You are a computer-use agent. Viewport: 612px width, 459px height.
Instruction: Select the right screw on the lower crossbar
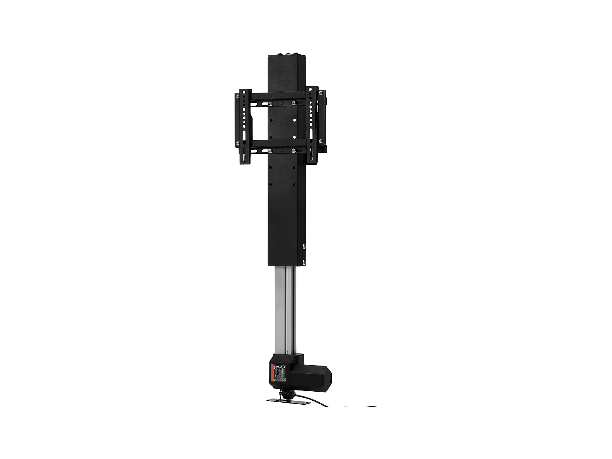[x=293, y=151]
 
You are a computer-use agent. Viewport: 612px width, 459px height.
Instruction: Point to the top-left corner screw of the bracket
[x=237, y=96]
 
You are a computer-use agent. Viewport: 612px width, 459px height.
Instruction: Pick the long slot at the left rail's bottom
[x=244, y=155]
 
